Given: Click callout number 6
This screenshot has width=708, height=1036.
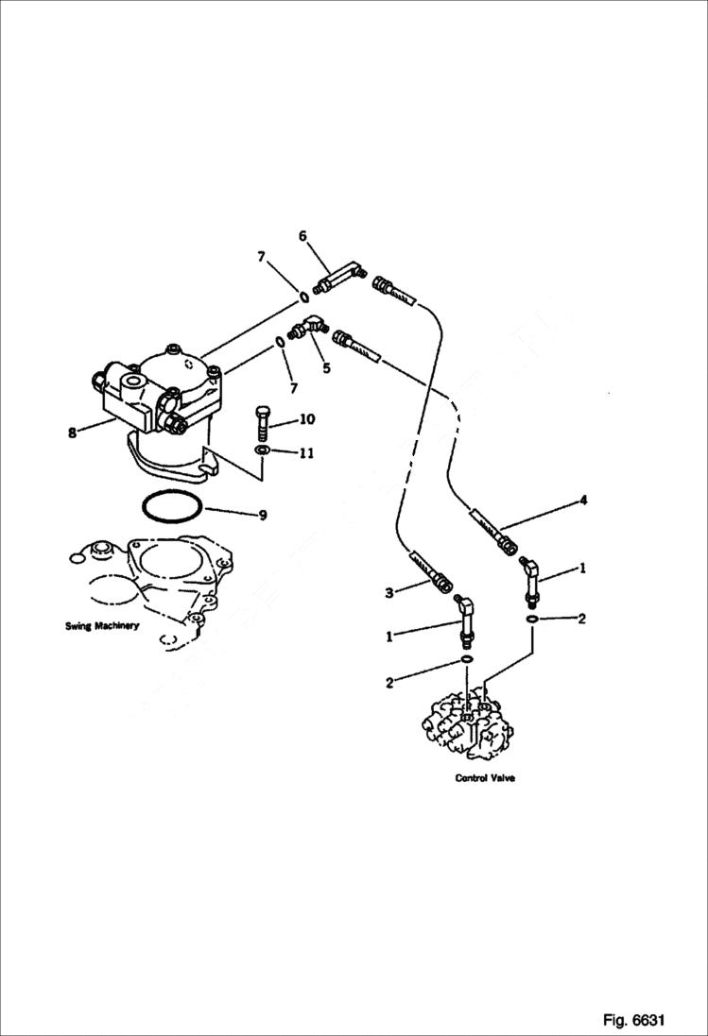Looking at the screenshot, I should (303, 236).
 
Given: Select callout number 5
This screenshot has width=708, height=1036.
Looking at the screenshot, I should (326, 368).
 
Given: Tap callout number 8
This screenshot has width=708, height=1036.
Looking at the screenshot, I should (71, 433).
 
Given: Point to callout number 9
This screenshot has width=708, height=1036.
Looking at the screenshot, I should (263, 515).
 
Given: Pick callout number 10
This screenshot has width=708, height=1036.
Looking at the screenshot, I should (307, 418).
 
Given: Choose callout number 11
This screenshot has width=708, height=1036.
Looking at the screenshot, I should (306, 453).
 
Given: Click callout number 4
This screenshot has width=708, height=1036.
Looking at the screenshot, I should (584, 500).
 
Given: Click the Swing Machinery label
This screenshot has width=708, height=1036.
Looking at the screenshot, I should (102, 626).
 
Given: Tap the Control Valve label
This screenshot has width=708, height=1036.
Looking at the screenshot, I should (485, 779).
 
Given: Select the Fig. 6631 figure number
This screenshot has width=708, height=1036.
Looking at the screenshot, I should (633, 1020).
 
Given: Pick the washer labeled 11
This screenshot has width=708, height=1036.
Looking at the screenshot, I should (264, 451).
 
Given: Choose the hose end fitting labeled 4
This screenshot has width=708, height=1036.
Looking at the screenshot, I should (496, 532).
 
